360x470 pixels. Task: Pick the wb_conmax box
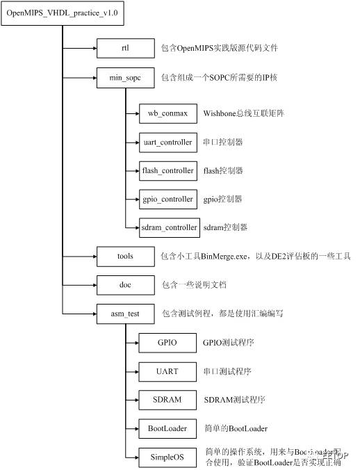[167, 113]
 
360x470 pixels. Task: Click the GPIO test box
[167, 343]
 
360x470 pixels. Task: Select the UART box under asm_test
[167, 371]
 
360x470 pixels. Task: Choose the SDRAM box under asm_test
[167, 400]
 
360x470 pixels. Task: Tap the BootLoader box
[167, 428]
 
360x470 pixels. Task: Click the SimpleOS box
[167, 457]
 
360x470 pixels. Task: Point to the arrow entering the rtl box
[89, 48]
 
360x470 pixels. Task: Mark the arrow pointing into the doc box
[89, 285]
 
